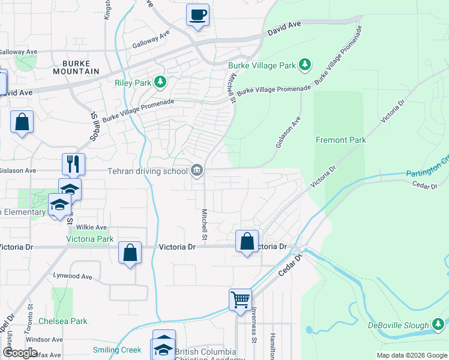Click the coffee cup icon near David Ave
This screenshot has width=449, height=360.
tap(197, 15)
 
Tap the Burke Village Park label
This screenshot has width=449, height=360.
tap(262, 65)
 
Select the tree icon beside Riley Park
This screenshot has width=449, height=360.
tap(160, 82)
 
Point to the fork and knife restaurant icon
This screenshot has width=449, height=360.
tap(74, 164)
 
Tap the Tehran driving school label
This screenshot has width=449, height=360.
tap(148, 171)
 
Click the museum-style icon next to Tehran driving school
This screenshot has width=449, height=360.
tap(197, 172)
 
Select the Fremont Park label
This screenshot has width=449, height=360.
tap(341, 140)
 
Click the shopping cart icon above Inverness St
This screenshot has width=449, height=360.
tap(240, 299)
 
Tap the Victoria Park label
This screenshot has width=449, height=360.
tap(89, 239)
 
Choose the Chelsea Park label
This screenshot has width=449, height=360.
tap(63, 321)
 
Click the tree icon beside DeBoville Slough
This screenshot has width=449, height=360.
tap(438, 325)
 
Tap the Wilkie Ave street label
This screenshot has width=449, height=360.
tap(92, 227)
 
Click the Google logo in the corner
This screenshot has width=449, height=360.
tap(20, 353)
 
